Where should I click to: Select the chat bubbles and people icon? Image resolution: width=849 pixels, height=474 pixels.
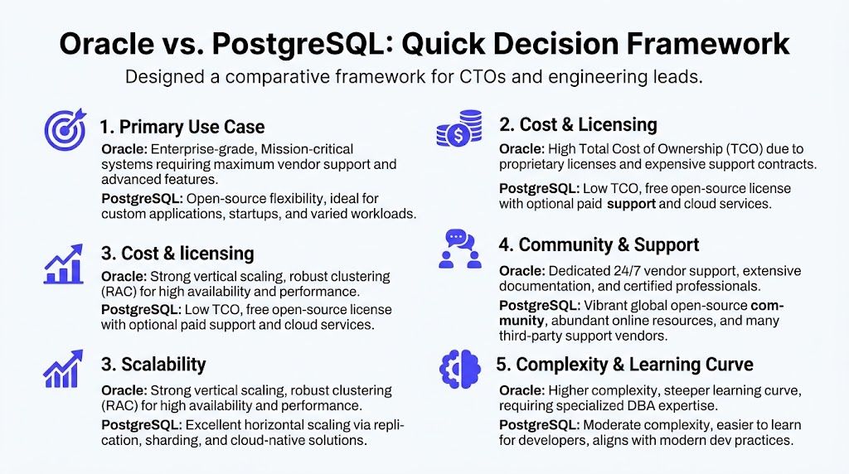click(458, 248)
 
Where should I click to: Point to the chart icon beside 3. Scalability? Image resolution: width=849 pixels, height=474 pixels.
click(63, 369)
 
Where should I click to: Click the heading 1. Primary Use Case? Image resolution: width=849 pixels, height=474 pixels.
click(182, 127)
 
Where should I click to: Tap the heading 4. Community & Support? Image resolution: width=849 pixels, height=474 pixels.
click(599, 245)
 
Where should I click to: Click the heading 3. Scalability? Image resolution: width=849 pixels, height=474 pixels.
click(153, 365)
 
